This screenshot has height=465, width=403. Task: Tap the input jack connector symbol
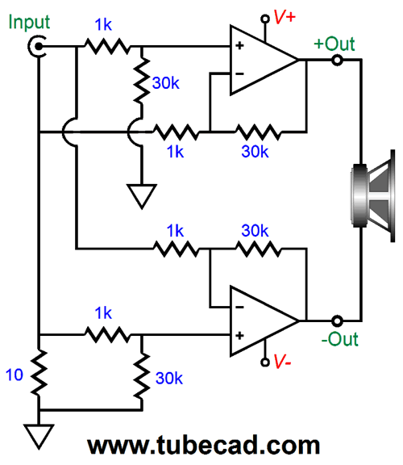[37, 48]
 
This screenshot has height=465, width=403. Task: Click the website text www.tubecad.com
[202, 445]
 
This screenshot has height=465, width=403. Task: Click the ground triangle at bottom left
[38, 434]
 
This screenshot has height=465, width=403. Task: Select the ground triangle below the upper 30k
[140, 195]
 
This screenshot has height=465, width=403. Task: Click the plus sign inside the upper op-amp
[239, 46]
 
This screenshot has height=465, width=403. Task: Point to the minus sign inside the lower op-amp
[239, 306]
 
